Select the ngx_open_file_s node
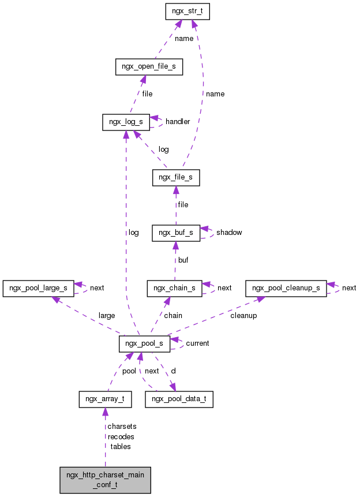click(x=149, y=66)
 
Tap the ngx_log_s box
click(x=126, y=122)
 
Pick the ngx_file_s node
click(x=176, y=178)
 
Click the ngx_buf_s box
click(x=176, y=233)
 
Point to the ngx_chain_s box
click(x=175, y=287)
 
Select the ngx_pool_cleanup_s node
click(x=286, y=287)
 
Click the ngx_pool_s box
click(x=144, y=343)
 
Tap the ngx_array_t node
click(x=105, y=399)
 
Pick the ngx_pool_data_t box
click(x=179, y=399)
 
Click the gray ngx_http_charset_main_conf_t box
click(x=105, y=480)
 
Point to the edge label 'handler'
click(x=178, y=122)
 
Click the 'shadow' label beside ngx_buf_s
click(x=229, y=233)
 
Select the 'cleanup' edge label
click(x=243, y=316)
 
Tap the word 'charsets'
click(x=121, y=427)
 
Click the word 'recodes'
click(x=121, y=436)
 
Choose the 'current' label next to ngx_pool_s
click(x=197, y=343)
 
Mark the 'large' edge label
click(x=107, y=316)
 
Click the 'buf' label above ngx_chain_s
click(x=183, y=260)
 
